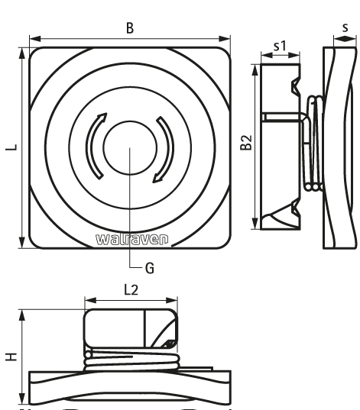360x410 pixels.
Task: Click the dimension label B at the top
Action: [130, 28]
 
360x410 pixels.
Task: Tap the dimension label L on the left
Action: [11, 147]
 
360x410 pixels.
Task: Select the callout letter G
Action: [150, 268]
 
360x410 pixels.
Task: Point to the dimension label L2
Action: [131, 289]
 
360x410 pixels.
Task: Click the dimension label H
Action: [11, 357]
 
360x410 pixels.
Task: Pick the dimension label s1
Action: [281, 46]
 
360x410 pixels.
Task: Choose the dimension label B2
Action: [246, 143]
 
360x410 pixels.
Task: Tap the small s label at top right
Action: [345, 27]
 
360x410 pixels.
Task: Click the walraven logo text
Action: [132, 239]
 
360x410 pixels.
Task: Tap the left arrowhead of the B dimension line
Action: [35, 39]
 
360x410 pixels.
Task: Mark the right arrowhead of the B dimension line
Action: [225, 39]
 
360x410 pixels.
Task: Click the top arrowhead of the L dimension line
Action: [22, 53]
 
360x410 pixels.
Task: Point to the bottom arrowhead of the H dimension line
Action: [22, 399]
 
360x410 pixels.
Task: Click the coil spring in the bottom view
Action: [131, 361]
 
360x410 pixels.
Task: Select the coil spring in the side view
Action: [313, 144]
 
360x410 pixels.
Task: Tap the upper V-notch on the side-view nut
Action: [296, 86]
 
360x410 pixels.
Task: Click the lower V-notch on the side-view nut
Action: [296, 209]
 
